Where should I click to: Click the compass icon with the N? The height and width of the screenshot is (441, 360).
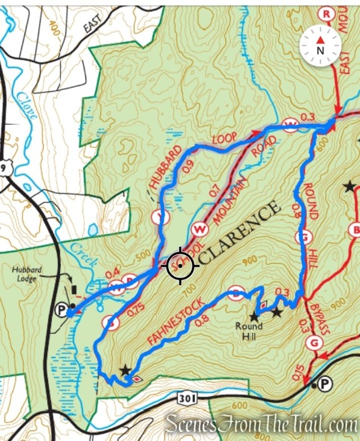[320, 45]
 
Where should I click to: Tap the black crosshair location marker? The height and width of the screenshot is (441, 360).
[180, 265]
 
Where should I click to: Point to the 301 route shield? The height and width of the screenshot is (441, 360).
[186, 398]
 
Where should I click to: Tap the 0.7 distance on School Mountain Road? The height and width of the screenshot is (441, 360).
[214, 191]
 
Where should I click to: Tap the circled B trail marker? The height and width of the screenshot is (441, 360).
[356, 229]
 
